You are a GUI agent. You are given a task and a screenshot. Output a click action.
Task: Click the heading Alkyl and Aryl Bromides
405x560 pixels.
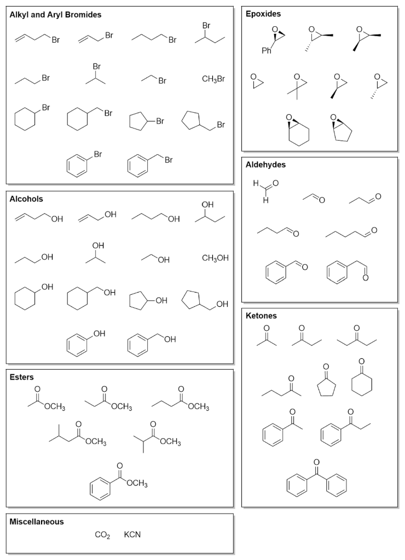pyautogui.click(x=55, y=15)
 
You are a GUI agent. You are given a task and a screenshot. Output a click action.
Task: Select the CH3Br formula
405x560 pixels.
pyautogui.click(x=213, y=79)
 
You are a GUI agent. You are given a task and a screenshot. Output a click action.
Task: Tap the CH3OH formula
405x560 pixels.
pyautogui.click(x=215, y=258)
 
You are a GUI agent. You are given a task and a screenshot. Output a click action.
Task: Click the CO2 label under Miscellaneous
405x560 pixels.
pyautogui.click(x=102, y=534)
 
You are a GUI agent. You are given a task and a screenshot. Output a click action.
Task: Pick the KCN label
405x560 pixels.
pyautogui.click(x=132, y=534)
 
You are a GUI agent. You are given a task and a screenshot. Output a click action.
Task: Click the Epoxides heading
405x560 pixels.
pyautogui.click(x=263, y=13)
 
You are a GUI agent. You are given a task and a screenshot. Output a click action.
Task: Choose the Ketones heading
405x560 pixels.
pyautogui.click(x=261, y=316)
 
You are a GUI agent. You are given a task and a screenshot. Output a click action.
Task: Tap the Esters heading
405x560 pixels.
pyautogui.click(x=22, y=377)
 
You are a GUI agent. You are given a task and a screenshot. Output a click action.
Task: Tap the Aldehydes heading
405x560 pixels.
pyautogui.click(x=266, y=164)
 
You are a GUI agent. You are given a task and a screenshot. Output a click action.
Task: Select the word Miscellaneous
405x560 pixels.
pyautogui.click(x=37, y=522)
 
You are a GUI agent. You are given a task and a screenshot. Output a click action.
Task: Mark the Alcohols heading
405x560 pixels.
pyautogui.click(x=26, y=199)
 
